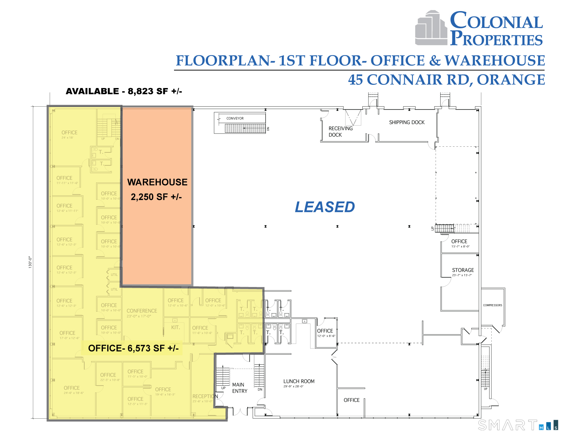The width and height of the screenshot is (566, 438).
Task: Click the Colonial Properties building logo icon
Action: click(431, 29)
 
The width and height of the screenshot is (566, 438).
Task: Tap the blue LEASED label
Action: click(324, 207)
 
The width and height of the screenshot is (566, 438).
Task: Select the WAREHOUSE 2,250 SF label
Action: click(157, 189)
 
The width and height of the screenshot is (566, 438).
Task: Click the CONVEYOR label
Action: click(235, 118)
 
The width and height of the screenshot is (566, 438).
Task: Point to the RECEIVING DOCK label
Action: click(340, 132)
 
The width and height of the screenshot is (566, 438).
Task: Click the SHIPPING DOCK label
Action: click(407, 122)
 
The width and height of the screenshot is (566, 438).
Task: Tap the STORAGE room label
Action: click(463, 271)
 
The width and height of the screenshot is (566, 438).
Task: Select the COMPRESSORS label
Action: click(492, 305)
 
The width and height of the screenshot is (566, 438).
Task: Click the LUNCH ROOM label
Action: click(299, 382)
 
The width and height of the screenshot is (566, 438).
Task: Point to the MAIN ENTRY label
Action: click(239, 388)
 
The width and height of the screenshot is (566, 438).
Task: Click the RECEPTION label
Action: click(205, 397)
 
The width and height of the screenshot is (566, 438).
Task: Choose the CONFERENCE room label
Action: click(141, 311)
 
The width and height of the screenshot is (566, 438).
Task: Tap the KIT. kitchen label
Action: click(175, 327)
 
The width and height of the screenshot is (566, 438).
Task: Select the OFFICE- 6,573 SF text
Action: click(133, 348)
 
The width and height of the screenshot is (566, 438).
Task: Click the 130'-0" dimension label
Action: click(30, 262)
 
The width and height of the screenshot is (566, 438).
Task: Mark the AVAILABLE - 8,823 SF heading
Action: click(124, 91)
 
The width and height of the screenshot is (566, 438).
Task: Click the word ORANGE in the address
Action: click(511, 80)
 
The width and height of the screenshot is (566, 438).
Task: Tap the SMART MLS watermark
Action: click(517, 425)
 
